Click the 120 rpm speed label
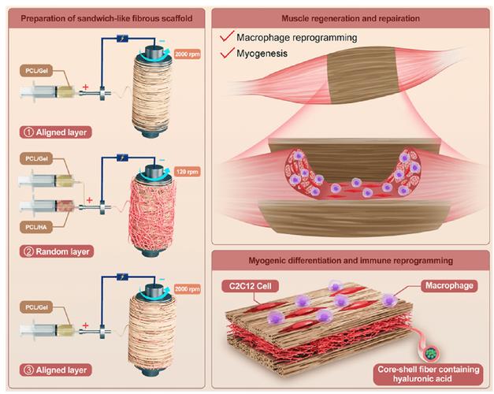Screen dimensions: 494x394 point(188,172)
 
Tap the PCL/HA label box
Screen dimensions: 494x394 point(36,227)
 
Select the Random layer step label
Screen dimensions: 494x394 point(57,252)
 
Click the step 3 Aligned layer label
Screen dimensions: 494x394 point(55,370)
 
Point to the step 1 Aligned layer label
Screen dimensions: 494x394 point(55,132)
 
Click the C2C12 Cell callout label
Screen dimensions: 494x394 point(250,286)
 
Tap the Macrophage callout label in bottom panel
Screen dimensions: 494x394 point(449,285)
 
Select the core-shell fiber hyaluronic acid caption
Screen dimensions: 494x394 point(429,374)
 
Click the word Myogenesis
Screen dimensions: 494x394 point(262,54)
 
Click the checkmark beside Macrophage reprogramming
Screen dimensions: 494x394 point(227,36)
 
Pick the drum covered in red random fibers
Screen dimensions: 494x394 point(153,209)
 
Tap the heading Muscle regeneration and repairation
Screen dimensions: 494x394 point(351,18)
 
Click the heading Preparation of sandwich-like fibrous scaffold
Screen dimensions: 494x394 point(106,18)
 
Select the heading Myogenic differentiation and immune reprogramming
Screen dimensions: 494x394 point(351,261)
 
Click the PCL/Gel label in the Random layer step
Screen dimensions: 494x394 point(36,158)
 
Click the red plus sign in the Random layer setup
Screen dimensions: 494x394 point(90,200)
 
